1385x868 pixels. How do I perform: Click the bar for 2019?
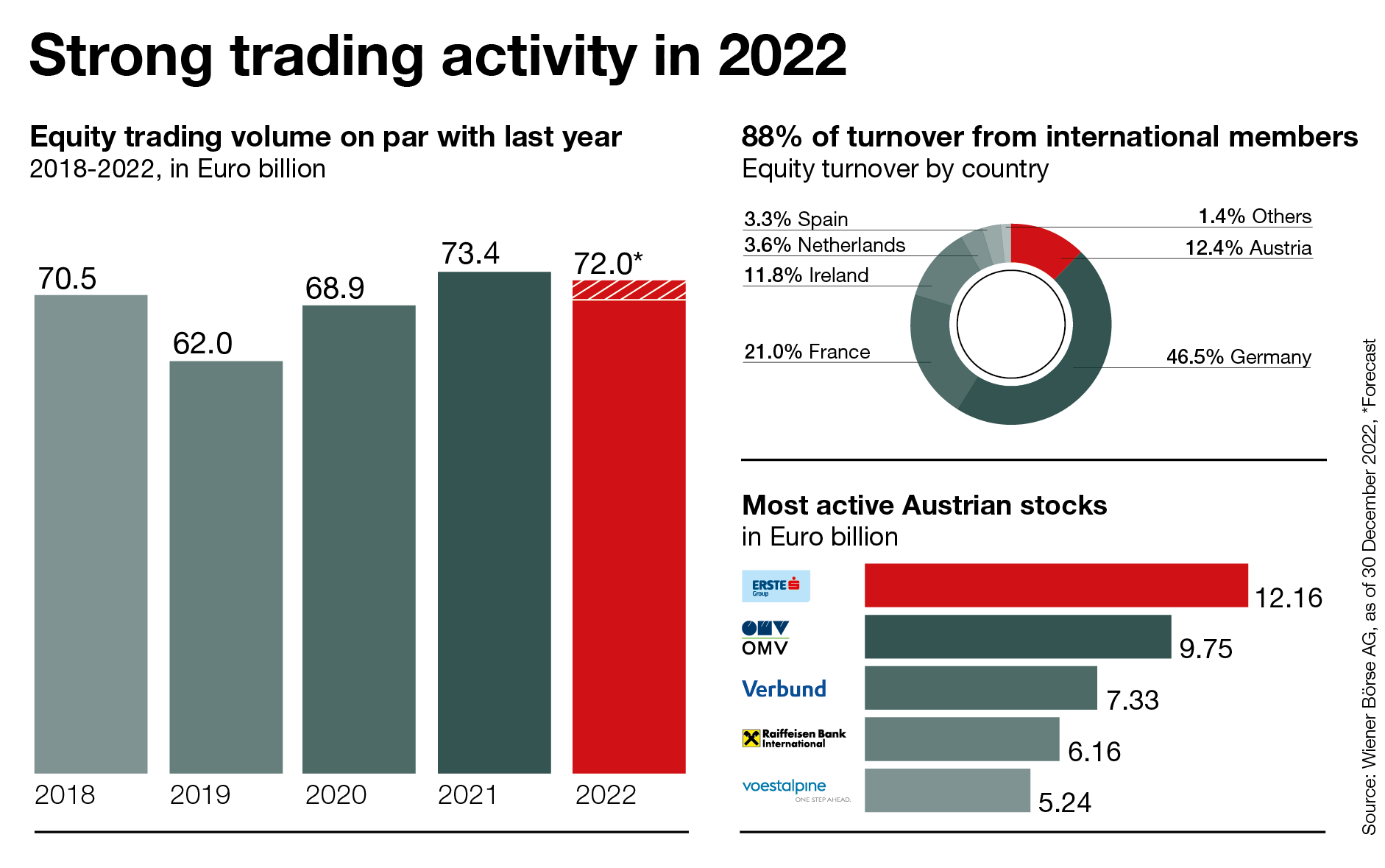pyautogui.click(x=226, y=567)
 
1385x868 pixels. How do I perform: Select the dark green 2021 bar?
pyautogui.click(x=494, y=523)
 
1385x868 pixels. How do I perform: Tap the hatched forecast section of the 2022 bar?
pyautogui.click(x=628, y=290)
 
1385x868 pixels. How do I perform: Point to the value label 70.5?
pyautogui.click(x=67, y=279)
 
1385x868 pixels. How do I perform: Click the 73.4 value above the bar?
pyautogui.click(x=470, y=254)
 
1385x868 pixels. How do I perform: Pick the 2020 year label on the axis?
pyautogui.click(x=336, y=795)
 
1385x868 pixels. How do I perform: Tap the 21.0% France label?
pyautogui.click(x=807, y=352)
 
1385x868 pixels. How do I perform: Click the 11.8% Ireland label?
pyautogui.click(x=806, y=275)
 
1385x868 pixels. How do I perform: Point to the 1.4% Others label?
pyautogui.click(x=1255, y=216)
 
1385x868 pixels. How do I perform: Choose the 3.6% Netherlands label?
pyautogui.click(x=824, y=245)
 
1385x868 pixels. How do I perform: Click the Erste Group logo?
pyautogui.click(x=776, y=586)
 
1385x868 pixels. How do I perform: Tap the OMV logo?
pyautogui.click(x=765, y=638)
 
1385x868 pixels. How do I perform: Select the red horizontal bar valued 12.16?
pyautogui.click(x=1055, y=586)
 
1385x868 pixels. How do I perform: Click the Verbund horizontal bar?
pyautogui.click(x=980, y=688)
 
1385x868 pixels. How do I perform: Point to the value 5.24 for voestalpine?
pyautogui.click(x=1064, y=802)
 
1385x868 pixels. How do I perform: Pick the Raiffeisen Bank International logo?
pyautogui.click(x=794, y=738)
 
